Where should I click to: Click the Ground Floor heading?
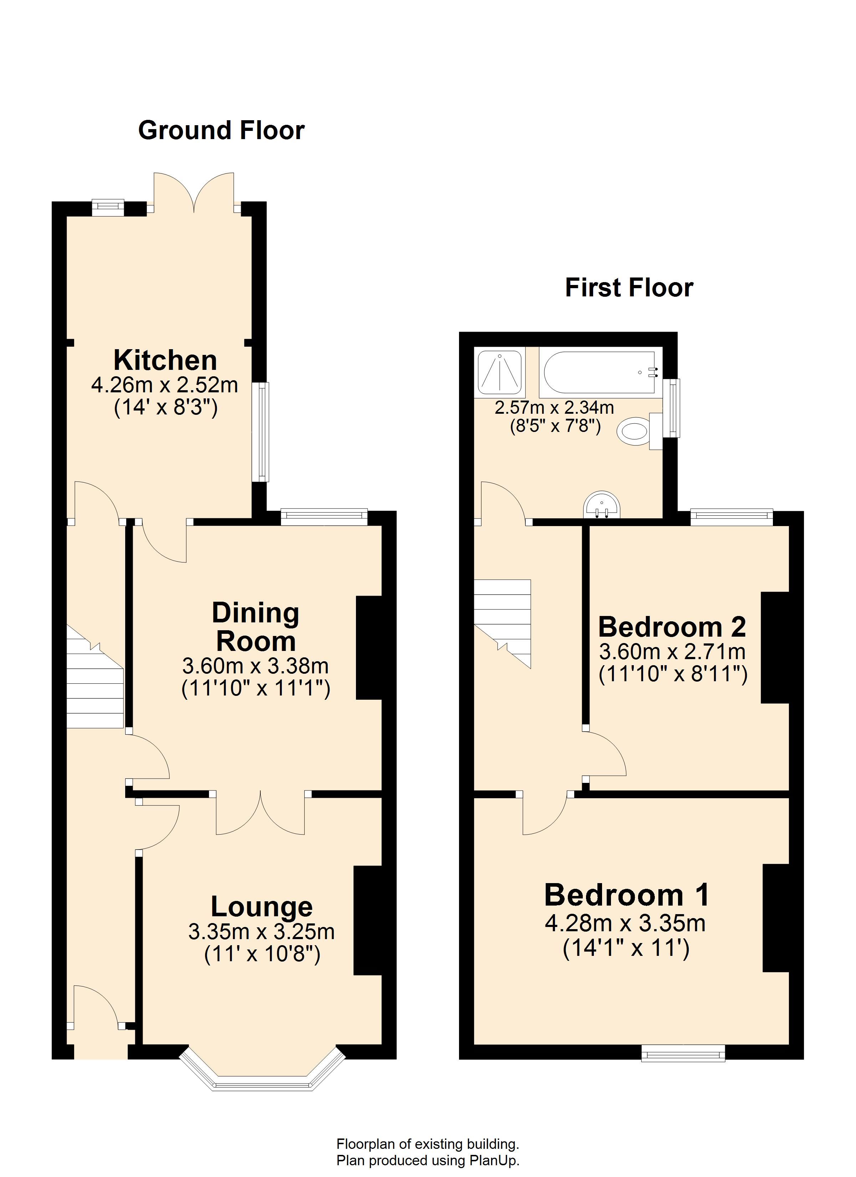click(x=221, y=130)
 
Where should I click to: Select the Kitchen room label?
click(x=165, y=360)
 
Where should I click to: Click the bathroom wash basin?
click(x=602, y=505)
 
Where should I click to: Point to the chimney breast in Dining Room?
click(x=369, y=648)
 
